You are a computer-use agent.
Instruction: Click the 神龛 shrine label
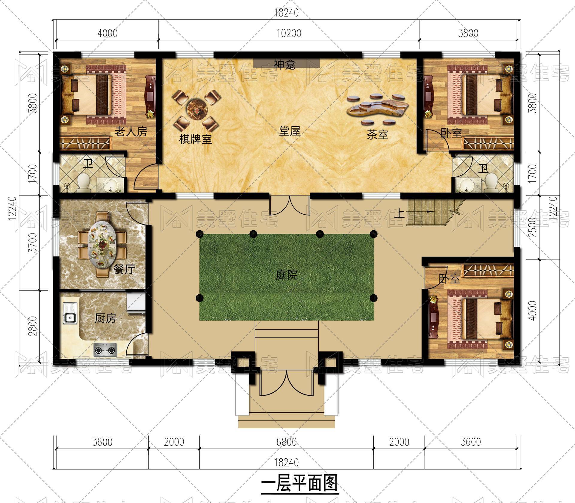pyautogui.click(x=285, y=64)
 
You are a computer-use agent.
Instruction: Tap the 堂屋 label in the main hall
pyautogui.click(x=290, y=131)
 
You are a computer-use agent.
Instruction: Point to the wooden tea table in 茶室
pyautogui.click(x=378, y=108)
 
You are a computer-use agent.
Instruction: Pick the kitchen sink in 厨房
pyautogui.click(x=70, y=318)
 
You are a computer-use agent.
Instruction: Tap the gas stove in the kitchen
pyautogui.click(x=105, y=350)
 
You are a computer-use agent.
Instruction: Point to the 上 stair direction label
pyautogui.click(x=400, y=213)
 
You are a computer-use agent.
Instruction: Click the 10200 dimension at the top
pyautogui.click(x=289, y=33)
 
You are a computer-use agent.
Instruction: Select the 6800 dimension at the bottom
pyautogui.click(x=287, y=442)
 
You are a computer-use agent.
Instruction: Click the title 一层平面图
pyautogui.click(x=299, y=482)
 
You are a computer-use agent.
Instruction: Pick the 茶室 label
pyautogui.click(x=377, y=135)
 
